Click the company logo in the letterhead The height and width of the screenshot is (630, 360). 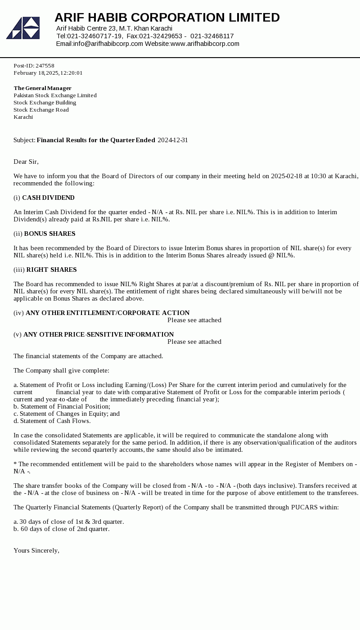click(23, 28)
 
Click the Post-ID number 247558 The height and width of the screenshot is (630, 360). click(45, 66)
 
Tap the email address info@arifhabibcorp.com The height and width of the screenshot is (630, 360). click(108, 44)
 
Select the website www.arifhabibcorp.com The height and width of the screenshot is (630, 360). click(205, 44)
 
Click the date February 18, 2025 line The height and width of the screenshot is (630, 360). click(48, 73)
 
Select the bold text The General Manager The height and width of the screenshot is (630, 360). click(42, 88)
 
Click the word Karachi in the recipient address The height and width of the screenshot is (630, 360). click(23, 117)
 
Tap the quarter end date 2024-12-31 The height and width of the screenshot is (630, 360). click(173, 140)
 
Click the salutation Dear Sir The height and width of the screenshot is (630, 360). click(26, 162)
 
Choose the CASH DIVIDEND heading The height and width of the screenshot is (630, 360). click(48, 198)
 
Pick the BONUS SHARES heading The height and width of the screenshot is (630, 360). click(49, 234)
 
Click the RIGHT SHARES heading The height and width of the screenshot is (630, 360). click(51, 270)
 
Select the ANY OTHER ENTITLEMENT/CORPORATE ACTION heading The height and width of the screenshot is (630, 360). click(108, 313)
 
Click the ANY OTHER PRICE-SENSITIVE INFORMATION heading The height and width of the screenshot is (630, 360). click(99, 334)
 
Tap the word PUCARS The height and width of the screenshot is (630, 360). click(305, 507)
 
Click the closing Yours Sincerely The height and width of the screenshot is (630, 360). click(36, 550)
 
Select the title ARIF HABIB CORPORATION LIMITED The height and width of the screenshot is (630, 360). click(167, 18)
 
